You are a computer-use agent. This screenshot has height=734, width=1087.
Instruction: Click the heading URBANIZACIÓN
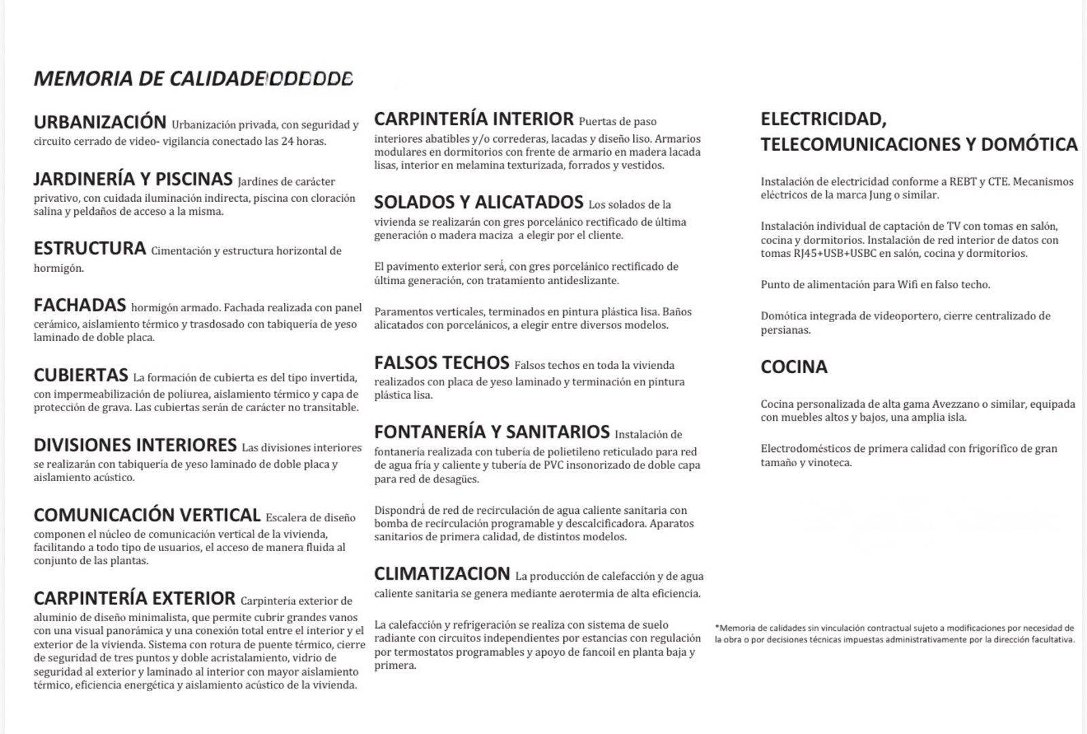[100, 122]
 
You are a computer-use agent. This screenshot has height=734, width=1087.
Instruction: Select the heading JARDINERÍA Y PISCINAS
[133, 179]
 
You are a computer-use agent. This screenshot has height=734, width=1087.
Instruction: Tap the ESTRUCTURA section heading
[90, 249]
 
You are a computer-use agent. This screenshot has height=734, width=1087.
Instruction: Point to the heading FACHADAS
[79, 305]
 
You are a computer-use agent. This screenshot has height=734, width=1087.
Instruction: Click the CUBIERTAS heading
[81, 375]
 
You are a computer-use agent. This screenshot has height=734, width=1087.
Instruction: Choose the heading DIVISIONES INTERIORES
[135, 445]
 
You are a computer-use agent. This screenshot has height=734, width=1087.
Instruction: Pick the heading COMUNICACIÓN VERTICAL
[147, 515]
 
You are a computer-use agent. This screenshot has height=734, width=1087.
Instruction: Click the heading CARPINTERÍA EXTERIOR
[135, 599]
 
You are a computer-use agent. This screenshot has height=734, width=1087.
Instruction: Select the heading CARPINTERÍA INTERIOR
[474, 119]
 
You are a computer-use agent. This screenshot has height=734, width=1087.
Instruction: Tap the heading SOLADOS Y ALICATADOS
[478, 202]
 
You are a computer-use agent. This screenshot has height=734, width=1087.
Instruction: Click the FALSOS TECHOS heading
[442, 363]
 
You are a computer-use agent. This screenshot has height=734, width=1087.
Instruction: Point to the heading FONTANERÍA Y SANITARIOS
[492, 432]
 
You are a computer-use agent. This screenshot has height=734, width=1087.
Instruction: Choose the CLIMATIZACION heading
[442, 574]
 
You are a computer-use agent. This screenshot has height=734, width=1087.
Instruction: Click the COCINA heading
[794, 367]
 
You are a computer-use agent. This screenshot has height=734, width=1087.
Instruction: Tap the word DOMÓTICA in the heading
[1029, 144]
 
